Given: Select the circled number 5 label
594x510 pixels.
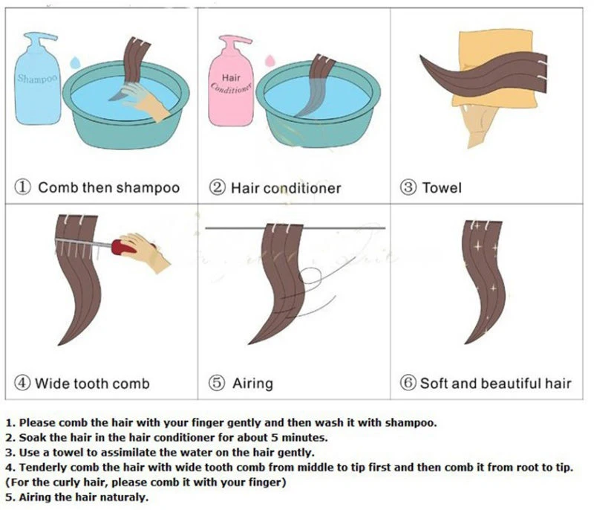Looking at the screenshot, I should click(x=217, y=384).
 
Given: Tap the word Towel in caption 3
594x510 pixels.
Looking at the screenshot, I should click(x=442, y=188).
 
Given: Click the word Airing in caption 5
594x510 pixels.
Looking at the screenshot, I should click(x=252, y=384).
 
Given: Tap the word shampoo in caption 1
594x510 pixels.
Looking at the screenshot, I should click(x=145, y=188).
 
